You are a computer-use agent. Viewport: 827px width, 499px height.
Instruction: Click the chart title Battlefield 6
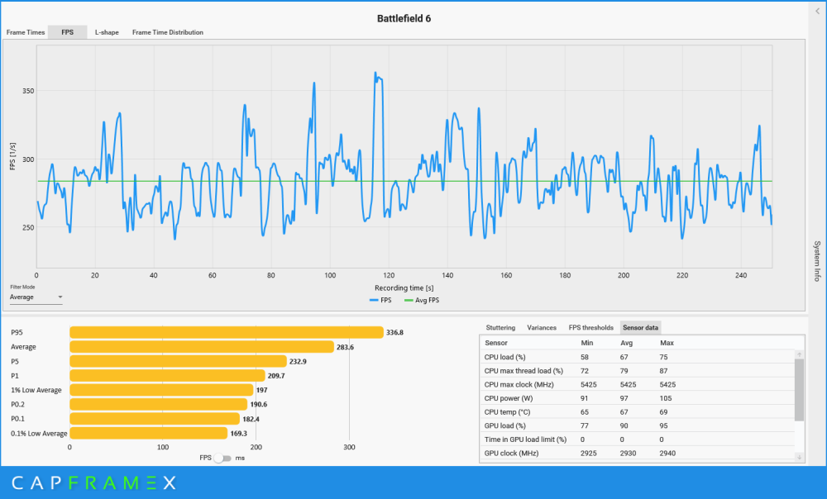coord(404,18)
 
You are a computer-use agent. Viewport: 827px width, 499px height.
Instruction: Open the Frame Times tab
coord(26,32)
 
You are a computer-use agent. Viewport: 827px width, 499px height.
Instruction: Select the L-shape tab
coord(107,32)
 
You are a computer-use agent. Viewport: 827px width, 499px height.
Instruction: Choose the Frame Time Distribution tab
coord(168,32)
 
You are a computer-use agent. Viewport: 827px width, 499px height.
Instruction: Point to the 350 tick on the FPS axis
coord(28,91)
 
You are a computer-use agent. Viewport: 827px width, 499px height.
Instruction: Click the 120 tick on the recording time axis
coord(389,275)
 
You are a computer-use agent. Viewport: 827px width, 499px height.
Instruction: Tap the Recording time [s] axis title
coord(404,288)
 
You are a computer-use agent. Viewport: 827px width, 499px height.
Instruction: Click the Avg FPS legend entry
coord(422,301)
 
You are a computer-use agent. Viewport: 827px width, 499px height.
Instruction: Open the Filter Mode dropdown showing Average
coord(36,297)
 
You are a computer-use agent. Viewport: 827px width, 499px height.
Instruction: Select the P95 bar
coord(227,332)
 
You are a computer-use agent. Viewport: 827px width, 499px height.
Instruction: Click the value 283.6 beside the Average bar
coord(345,347)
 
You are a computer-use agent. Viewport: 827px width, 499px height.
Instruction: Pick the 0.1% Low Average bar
coord(149,433)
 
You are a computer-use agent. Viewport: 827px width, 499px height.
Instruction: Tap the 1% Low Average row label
coord(36,390)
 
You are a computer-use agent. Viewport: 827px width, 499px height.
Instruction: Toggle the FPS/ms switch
coord(223,458)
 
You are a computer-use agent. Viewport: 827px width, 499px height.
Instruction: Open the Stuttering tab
coord(500,328)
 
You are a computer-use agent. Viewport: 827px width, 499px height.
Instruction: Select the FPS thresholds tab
coord(590,328)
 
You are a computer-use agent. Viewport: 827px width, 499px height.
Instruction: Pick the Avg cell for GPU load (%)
coord(624,425)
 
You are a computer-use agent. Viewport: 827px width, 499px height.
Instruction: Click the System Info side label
coord(817,261)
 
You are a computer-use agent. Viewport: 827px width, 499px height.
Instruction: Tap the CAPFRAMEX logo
coord(94,482)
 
